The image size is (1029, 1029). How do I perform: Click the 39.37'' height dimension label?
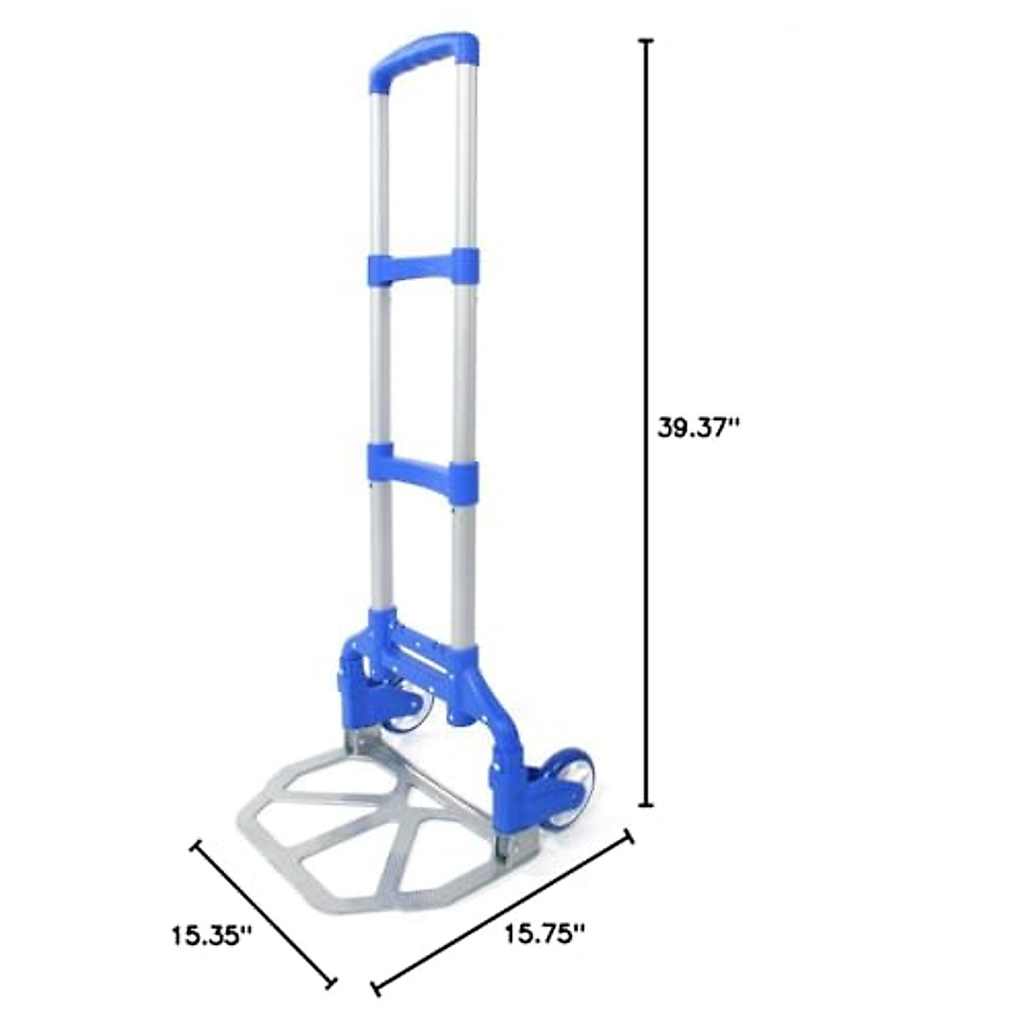(x=698, y=427)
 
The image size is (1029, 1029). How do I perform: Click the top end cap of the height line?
(x=647, y=41)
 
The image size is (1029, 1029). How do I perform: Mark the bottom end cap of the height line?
(x=647, y=805)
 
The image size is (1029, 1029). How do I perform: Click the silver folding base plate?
(x=369, y=823)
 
